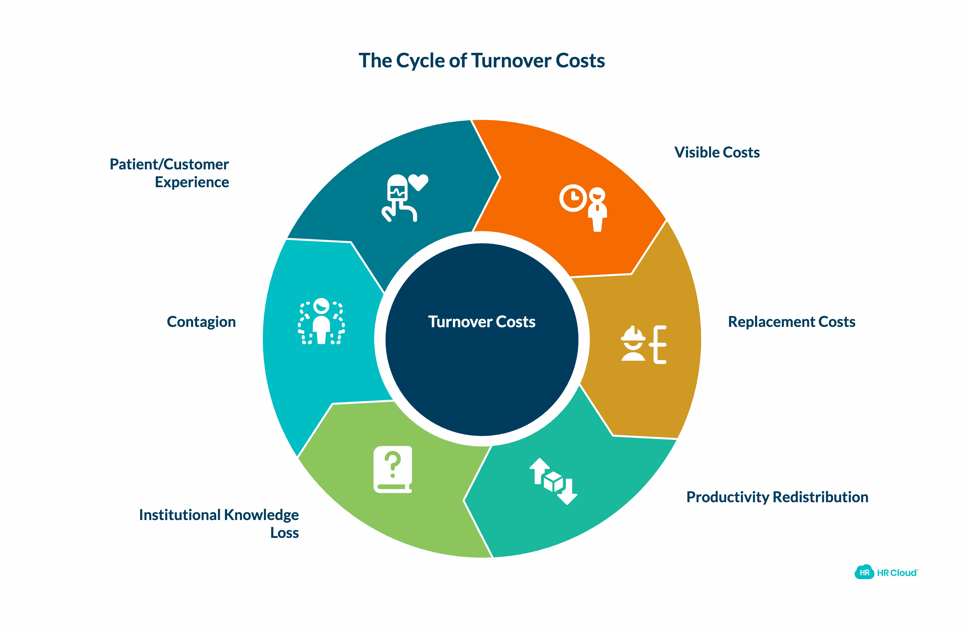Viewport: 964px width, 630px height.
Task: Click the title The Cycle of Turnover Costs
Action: (482, 61)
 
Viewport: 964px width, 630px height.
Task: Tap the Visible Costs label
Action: (716, 153)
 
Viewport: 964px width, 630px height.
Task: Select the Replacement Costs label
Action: (791, 322)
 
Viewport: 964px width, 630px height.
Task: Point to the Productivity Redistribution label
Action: (777, 497)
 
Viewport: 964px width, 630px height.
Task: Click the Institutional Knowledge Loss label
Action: (219, 523)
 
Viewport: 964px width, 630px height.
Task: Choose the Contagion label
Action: (201, 322)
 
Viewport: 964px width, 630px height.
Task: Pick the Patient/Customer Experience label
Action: (169, 173)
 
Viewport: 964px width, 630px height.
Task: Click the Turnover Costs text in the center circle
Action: (482, 322)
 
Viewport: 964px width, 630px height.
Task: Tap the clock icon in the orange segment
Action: (573, 198)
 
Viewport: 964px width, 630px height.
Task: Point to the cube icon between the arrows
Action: (553, 481)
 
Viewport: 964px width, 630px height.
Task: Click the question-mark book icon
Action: (392, 470)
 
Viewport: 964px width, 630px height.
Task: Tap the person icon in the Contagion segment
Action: (321, 321)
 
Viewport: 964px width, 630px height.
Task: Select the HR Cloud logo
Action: (886, 573)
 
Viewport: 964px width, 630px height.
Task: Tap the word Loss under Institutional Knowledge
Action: (284, 533)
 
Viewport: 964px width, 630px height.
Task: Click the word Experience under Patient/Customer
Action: (192, 182)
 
